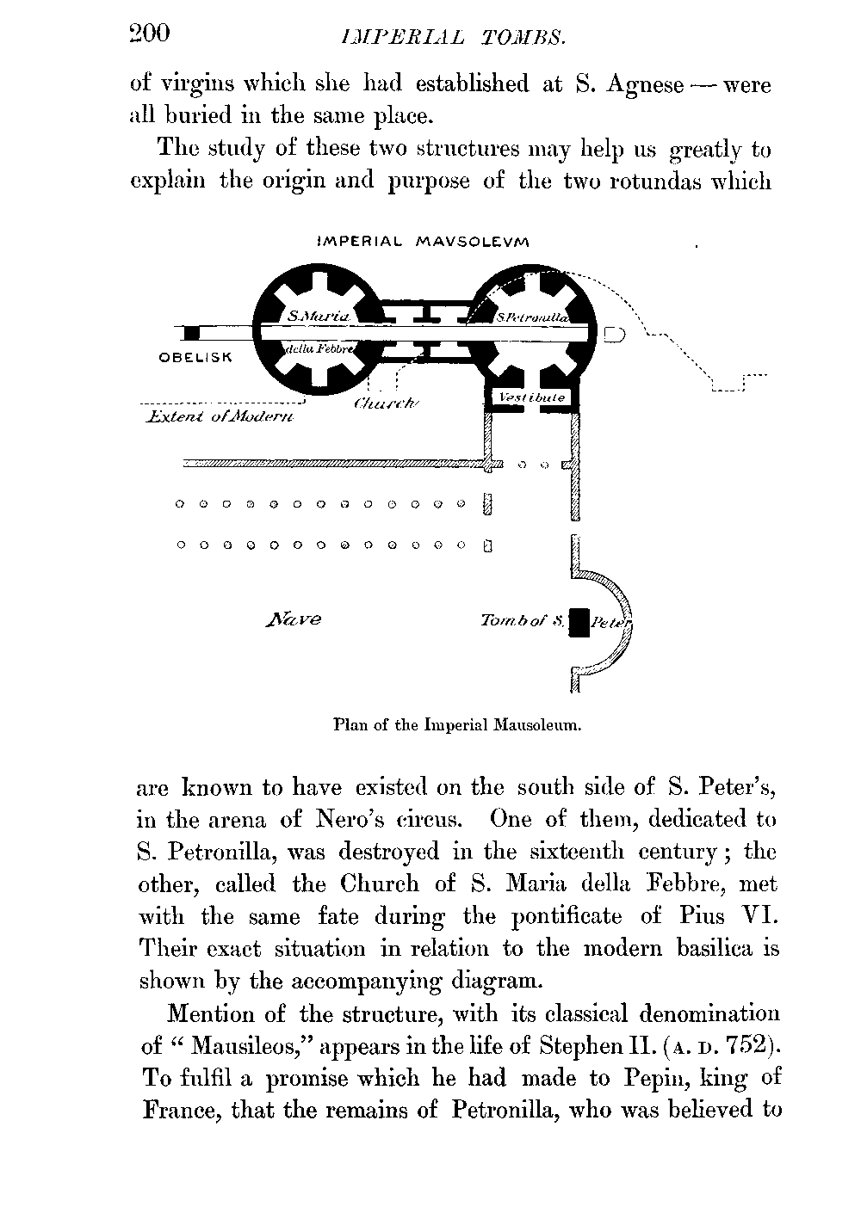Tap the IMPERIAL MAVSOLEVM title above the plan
tap(423, 243)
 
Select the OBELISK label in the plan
tap(195, 357)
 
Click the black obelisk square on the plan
tap(192, 332)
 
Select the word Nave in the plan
tap(294, 619)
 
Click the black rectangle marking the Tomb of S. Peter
tap(580, 622)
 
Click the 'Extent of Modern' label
tap(220, 417)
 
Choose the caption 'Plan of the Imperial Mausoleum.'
tap(457, 724)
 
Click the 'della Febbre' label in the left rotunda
tap(316, 348)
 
